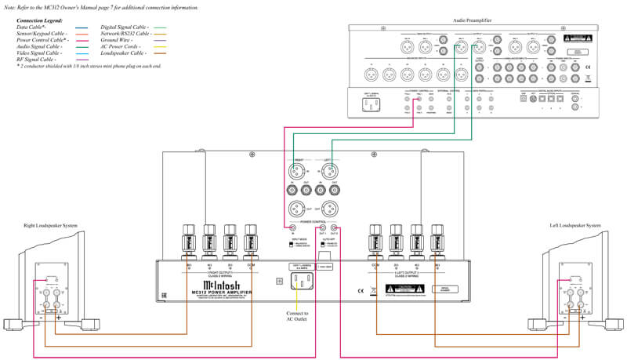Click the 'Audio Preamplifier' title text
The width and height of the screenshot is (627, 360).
point(479,19)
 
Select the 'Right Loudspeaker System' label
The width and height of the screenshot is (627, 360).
point(52,226)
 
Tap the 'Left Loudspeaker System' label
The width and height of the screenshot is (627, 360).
point(575,226)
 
